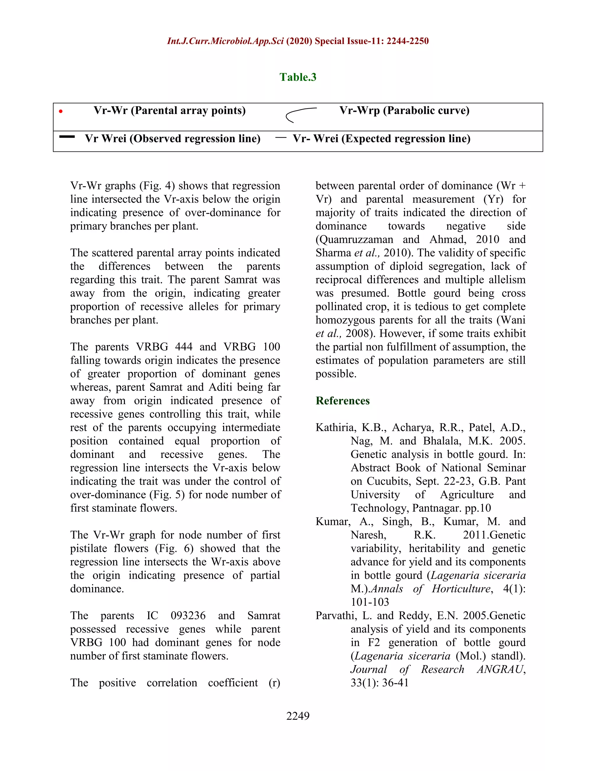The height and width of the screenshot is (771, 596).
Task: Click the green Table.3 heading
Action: coord(298,77)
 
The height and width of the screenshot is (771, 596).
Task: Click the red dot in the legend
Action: coord(61,111)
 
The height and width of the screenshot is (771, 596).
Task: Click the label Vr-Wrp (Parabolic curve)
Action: coord(404,111)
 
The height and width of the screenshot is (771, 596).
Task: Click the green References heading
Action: coord(343,401)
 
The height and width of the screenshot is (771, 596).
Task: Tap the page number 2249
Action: coord(298,716)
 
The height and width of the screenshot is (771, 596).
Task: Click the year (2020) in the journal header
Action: coord(299,41)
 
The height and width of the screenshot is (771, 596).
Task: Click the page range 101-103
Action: coord(370,602)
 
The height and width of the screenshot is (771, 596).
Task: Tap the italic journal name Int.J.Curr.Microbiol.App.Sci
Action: coord(225,41)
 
